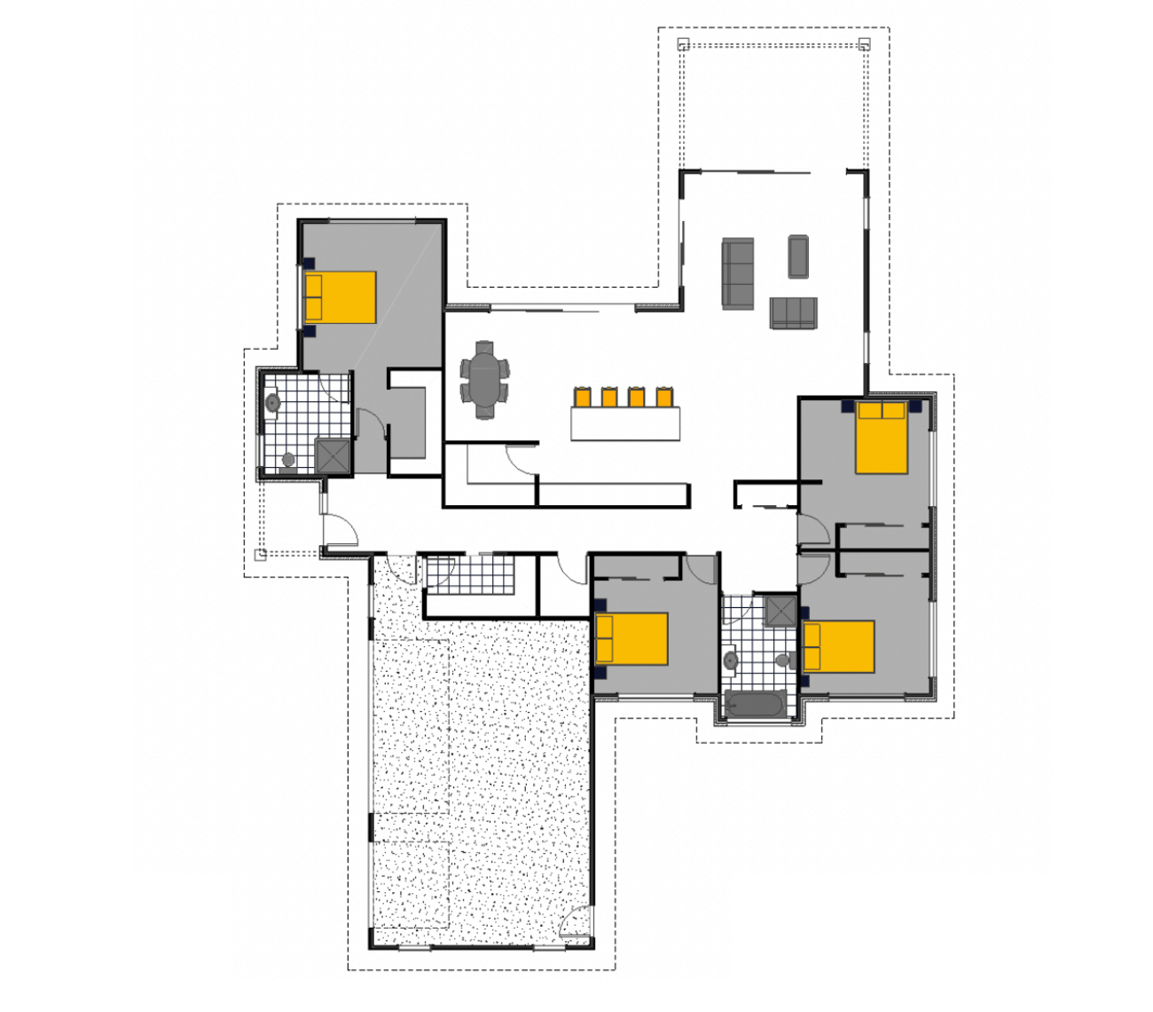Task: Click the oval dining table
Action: [x=484, y=380]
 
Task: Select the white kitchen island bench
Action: [x=625, y=423]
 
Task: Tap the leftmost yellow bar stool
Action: [x=583, y=397]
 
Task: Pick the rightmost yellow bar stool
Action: [x=663, y=397]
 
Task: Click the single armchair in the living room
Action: [x=798, y=256]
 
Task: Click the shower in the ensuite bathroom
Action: [x=333, y=456]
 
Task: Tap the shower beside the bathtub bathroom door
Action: [x=780, y=611]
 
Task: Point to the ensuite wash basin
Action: [x=272, y=403]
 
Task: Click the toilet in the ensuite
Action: [x=288, y=461]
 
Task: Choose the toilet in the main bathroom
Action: [x=781, y=660]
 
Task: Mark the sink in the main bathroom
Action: [x=731, y=660]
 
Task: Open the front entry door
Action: [x=341, y=530]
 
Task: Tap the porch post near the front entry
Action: [x=260, y=555]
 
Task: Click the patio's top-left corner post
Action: [x=683, y=43]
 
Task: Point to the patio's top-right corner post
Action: [x=865, y=43]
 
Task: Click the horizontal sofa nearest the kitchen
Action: [x=793, y=312]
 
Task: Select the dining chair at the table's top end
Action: [x=484, y=346]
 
